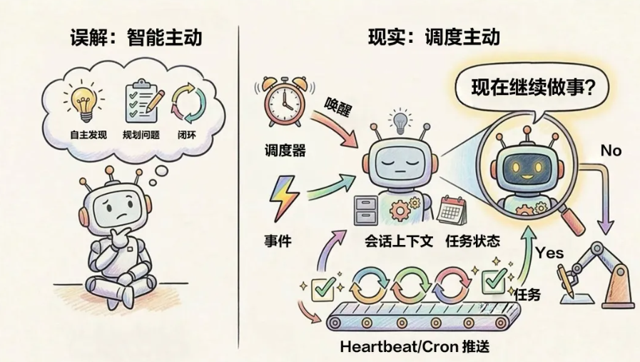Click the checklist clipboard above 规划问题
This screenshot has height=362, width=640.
pos(141,102)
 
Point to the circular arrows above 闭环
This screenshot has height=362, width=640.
pos(189,103)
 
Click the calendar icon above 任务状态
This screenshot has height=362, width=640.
pos(452,210)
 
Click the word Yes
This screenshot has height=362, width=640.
pos(549,253)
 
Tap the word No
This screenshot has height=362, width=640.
pos(611,151)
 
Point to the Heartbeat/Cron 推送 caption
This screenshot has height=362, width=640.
pos(415,348)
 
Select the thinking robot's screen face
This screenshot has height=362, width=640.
pos(118,204)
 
